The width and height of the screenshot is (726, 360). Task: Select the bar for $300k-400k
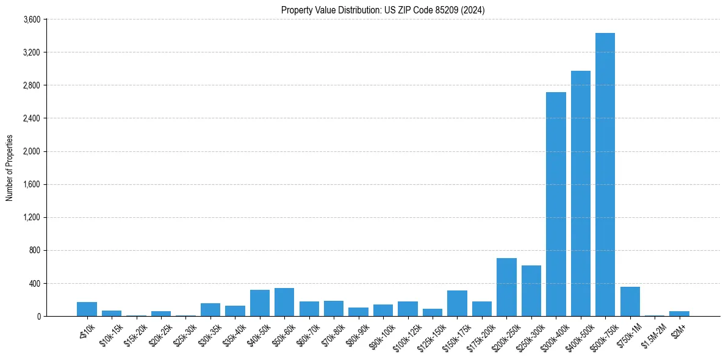(x=556, y=204)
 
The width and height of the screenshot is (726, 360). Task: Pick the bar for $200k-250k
(x=506, y=287)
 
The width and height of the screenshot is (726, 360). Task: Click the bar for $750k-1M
(x=630, y=301)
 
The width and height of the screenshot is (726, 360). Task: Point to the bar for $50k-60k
(x=284, y=302)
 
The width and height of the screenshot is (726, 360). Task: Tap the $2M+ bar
(x=679, y=314)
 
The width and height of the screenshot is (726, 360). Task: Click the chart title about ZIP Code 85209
(x=383, y=10)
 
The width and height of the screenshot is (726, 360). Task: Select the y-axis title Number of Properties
(x=10, y=168)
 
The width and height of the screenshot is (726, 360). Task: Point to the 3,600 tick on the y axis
(x=31, y=20)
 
